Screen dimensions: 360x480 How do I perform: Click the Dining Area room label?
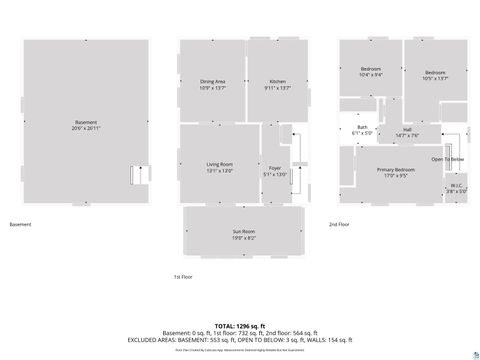tap(212, 81)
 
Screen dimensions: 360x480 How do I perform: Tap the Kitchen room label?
tap(277, 81)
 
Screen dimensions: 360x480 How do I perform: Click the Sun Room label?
tap(244, 232)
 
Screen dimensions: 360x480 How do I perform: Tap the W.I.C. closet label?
tap(456, 184)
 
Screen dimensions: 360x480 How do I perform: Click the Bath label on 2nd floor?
tap(362, 128)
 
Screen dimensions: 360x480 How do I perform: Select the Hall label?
tap(407, 129)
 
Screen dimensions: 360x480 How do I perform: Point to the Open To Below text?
tap(447, 158)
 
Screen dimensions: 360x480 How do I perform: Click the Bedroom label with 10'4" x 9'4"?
tap(370, 69)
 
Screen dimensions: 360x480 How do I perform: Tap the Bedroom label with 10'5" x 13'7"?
tap(435, 72)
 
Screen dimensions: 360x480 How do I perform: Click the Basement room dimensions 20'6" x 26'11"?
tap(86, 128)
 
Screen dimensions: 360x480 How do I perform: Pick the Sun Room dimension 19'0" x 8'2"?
tap(244, 238)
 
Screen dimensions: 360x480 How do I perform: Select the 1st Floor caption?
tap(183, 277)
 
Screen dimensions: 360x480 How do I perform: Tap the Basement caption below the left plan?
tap(21, 224)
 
